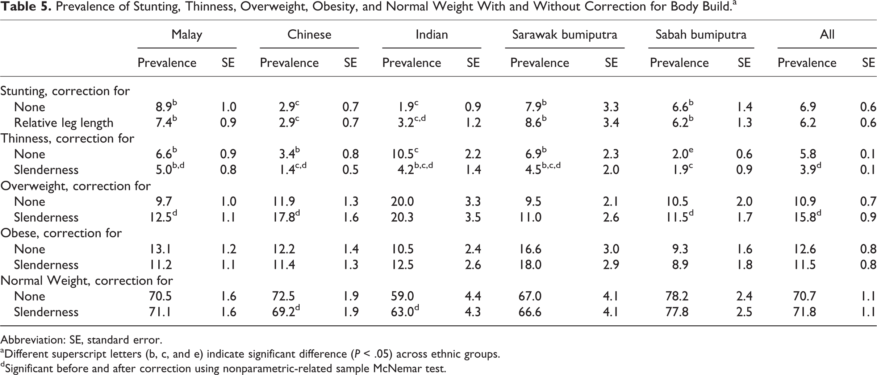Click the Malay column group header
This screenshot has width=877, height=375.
coord(187,34)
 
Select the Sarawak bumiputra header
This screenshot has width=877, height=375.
coord(564,35)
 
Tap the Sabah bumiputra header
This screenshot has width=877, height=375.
coord(701,35)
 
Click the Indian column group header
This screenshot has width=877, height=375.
coord(431,34)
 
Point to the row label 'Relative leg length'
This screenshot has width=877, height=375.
coord(64,123)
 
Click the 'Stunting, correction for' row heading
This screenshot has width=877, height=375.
coord(65,91)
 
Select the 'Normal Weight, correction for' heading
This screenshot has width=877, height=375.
coord(87,280)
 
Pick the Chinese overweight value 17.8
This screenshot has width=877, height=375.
coord(287,217)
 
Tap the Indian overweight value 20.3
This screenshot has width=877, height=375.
coord(402,217)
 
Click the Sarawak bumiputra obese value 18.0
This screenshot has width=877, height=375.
coord(530,264)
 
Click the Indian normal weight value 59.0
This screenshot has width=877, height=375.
coord(402,296)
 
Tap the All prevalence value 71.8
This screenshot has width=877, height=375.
coord(805,312)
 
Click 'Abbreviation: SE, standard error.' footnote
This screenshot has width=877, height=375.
coord(82,340)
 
